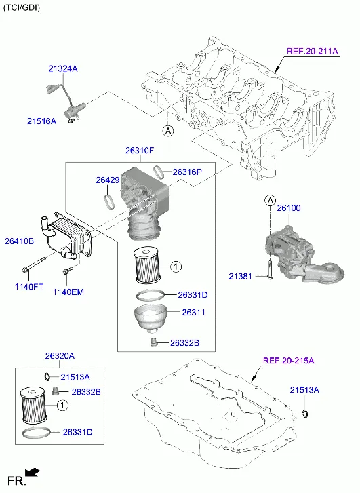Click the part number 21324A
point(63,68)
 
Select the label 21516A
point(41,121)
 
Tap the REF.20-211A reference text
point(312,52)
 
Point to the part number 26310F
point(139,150)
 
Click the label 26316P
point(187,172)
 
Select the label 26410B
point(20,241)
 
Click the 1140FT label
point(29,288)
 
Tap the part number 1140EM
point(68,292)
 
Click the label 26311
point(193,313)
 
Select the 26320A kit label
point(60,356)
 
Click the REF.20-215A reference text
point(288,361)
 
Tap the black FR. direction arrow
point(32,472)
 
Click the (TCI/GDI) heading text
point(22,8)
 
